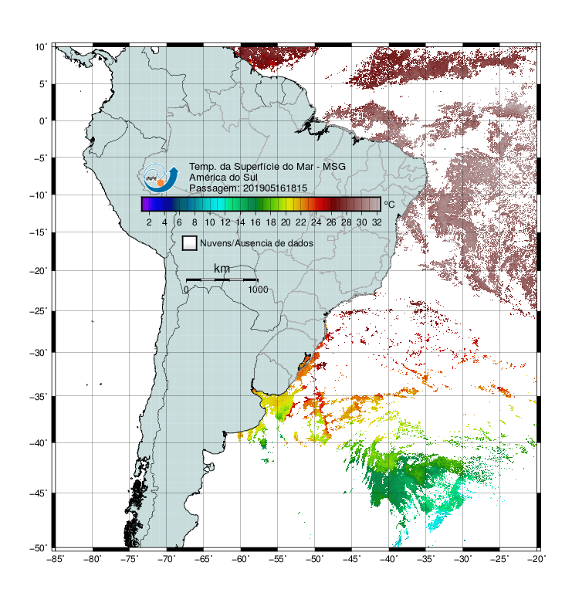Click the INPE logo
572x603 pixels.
(x=161, y=178)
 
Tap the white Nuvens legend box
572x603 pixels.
(x=190, y=243)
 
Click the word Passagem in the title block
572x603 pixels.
(x=214, y=188)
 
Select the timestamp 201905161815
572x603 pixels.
(x=275, y=188)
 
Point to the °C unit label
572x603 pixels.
(x=389, y=204)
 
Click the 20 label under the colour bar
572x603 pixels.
(x=286, y=222)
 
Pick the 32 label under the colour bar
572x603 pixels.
(x=377, y=222)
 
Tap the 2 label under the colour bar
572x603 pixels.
(x=149, y=222)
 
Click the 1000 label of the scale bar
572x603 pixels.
(x=258, y=290)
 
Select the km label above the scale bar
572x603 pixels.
(x=222, y=269)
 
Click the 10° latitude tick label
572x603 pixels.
(x=41, y=47)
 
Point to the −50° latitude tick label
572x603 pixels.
(x=39, y=548)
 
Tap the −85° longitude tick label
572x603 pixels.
(x=56, y=559)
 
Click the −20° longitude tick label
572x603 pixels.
(x=536, y=559)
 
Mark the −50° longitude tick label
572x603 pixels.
(x=314, y=559)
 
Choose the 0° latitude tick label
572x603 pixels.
(x=43, y=121)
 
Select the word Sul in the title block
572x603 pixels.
(x=250, y=178)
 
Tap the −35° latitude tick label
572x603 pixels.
(x=39, y=397)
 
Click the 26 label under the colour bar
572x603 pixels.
(x=331, y=222)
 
